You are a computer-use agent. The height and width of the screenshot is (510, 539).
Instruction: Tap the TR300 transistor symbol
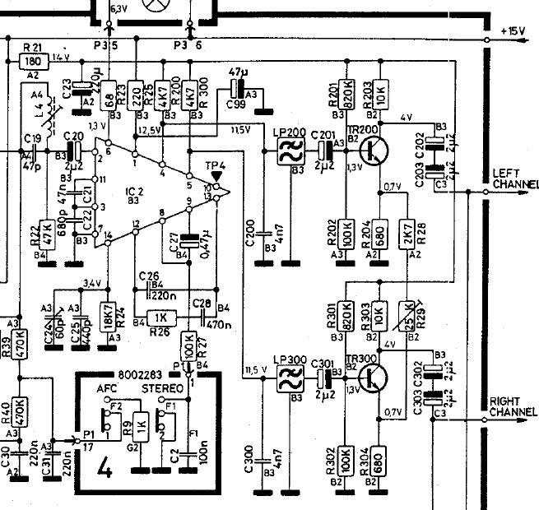point(377,378)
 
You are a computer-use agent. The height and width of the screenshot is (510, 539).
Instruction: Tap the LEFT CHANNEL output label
point(513,178)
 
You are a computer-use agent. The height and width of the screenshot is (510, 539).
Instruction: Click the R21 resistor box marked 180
point(34,60)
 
